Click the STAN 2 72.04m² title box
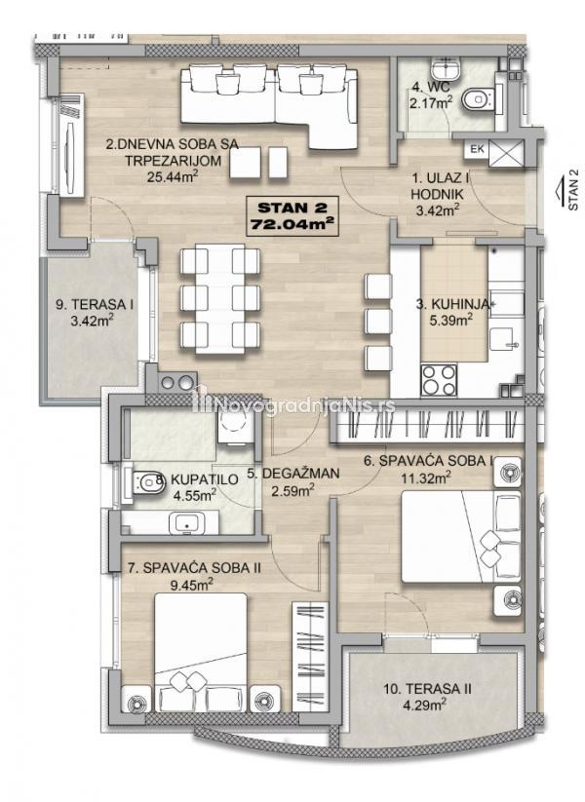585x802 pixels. click(292, 215)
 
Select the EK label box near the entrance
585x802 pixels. click(477, 149)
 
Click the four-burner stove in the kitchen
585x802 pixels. click(439, 380)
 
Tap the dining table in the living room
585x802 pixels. click(220, 299)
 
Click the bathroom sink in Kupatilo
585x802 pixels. click(186, 523)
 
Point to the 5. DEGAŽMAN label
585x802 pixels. click(292, 474)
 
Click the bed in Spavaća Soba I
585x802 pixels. click(460, 536)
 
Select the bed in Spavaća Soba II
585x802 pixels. click(201, 652)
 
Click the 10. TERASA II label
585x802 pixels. click(427, 689)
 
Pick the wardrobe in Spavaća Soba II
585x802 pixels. click(310, 657)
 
